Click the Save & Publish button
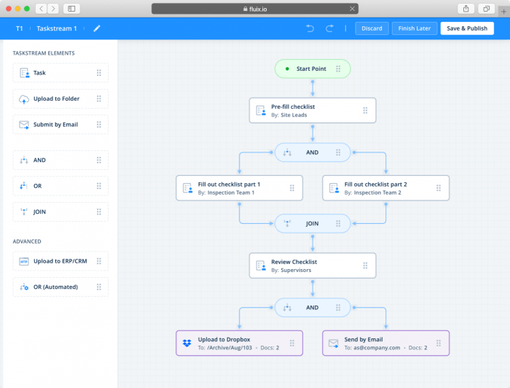click(467, 28)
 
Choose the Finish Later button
click(414, 28)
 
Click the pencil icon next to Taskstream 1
click(97, 28)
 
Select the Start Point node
click(312, 69)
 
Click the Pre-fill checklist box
click(312, 111)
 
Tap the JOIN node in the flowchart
click(312, 223)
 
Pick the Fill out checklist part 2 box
click(385, 188)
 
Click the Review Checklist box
click(312, 265)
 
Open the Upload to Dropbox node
click(239, 343)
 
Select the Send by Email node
click(385, 343)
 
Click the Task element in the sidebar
click(60, 73)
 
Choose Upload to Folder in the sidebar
click(60, 98)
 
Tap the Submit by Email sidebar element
click(60, 125)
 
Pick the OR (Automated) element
click(60, 287)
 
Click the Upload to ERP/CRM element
click(60, 261)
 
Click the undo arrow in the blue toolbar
click(310, 28)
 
